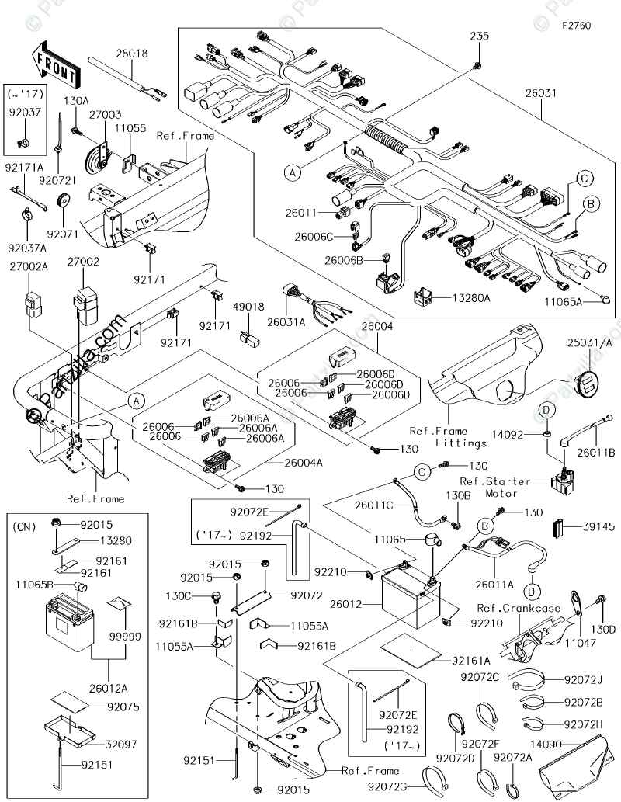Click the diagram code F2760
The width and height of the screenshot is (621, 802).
tap(577, 26)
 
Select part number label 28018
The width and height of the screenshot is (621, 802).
tap(132, 54)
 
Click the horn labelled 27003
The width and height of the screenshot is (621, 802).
tap(99, 147)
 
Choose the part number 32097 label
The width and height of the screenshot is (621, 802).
tap(120, 744)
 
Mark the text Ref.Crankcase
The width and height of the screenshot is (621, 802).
tap(518, 608)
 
